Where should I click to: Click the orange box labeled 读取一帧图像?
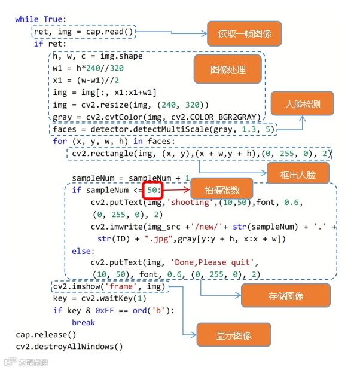pyautogui.click(x=243, y=33)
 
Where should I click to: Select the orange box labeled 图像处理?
pyautogui.click(x=228, y=69)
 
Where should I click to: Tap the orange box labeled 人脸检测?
pyautogui.click(x=302, y=103)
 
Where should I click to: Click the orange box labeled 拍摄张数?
pyautogui.click(x=222, y=190)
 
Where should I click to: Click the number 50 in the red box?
pyautogui.click(x=154, y=190)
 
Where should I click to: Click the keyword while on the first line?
pyautogui.click(x=27, y=19)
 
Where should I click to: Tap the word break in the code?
pyautogui.click(x=83, y=322)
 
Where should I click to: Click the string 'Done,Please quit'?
pyautogui.click(x=213, y=262)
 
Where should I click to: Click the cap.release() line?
pyautogui.click(x=45, y=334)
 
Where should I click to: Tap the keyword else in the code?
pyautogui.click(x=83, y=251)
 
